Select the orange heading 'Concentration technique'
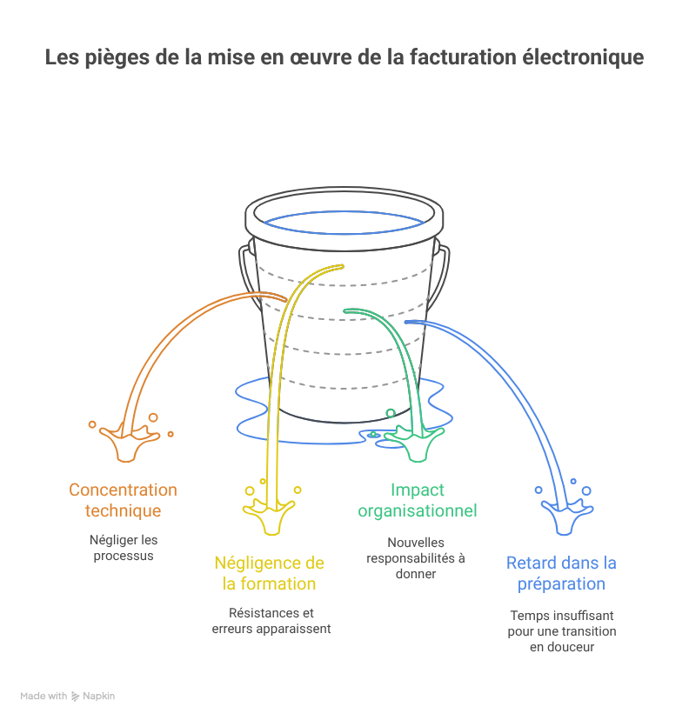pyautogui.click(x=123, y=501)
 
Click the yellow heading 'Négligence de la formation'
pyautogui.click(x=269, y=573)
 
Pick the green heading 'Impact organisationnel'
pyautogui.click(x=418, y=501)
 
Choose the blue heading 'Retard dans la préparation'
pyautogui.click(x=561, y=573)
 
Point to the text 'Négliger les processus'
pyautogui.click(x=124, y=548)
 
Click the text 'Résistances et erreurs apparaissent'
pyautogui.click(x=271, y=620)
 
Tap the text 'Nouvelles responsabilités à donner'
pyautogui.click(x=416, y=557)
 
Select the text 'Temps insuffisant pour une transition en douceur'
pyautogui.click(x=561, y=630)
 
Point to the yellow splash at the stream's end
pyautogui.click(x=265, y=517)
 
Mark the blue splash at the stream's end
pyautogui.click(x=561, y=517)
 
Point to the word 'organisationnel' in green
pyautogui.click(x=418, y=510)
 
